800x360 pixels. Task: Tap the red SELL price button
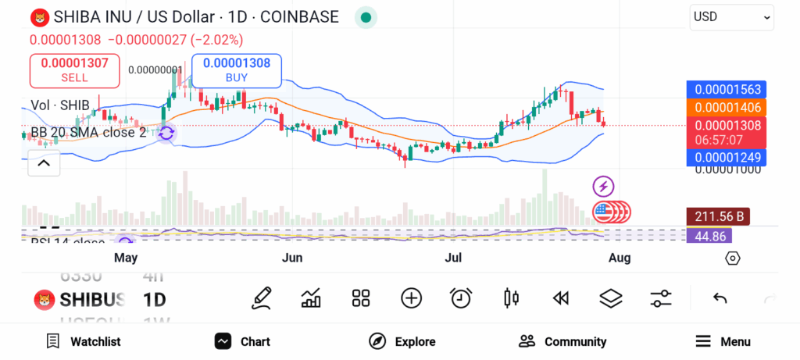[74, 70]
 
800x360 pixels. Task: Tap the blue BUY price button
[236, 70]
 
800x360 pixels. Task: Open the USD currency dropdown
[731, 17]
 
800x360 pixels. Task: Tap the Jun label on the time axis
[291, 258]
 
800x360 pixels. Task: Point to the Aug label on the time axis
[619, 258]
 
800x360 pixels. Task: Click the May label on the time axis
[126, 258]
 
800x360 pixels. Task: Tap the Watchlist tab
[84, 341]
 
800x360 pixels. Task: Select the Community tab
[562, 341]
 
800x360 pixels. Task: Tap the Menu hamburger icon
[703, 341]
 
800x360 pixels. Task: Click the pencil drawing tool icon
[262, 298]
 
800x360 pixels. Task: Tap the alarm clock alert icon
[461, 298]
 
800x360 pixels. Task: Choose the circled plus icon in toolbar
[411, 298]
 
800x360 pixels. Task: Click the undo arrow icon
[720, 298]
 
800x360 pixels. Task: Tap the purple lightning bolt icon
[603, 186]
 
